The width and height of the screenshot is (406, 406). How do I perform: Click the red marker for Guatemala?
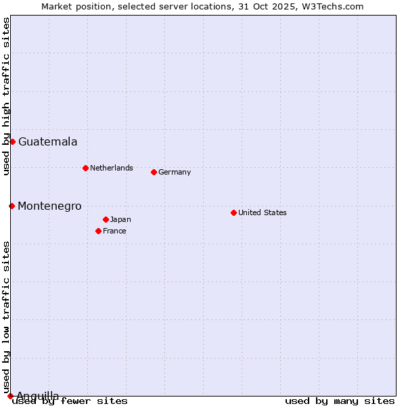[12, 141]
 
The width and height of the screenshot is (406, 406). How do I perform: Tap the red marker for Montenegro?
[12, 206]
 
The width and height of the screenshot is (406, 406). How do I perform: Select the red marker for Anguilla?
[10, 396]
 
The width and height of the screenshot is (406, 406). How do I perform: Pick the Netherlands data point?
[85, 168]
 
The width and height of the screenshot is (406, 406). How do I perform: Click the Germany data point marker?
[154, 172]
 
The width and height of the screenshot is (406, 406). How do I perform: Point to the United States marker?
[233, 212]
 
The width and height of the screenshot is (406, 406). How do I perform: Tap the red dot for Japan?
[106, 219]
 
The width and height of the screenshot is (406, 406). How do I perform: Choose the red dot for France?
[98, 231]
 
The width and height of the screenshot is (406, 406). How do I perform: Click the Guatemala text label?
[47, 142]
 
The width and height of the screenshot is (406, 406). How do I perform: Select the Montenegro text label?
[49, 206]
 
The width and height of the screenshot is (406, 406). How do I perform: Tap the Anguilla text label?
[37, 396]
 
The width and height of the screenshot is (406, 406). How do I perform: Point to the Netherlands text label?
[112, 168]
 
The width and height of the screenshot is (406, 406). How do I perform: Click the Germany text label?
[175, 172]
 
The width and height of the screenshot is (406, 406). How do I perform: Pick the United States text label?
[263, 212]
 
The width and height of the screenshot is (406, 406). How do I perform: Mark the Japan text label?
[120, 219]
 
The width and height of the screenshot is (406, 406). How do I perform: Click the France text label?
[114, 231]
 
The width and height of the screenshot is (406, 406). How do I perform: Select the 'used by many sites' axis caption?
[340, 401]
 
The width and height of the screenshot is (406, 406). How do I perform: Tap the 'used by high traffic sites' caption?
[6, 96]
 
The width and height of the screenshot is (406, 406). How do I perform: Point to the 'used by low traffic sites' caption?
[6, 317]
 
